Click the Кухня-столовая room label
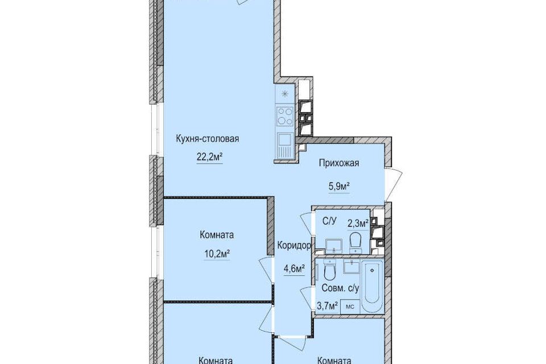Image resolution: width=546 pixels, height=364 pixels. tap(208, 139)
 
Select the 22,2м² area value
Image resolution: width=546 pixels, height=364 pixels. tap(210, 158)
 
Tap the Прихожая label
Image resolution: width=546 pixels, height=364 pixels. tap(339, 163)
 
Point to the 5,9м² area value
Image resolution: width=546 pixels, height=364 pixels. tap(339, 187)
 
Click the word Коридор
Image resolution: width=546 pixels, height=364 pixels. tap(294, 246)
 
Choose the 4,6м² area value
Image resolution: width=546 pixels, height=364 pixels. tap(295, 268)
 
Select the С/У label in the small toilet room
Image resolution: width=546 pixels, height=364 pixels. tap(329, 221)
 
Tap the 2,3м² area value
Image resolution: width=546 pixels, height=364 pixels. tap(358, 223)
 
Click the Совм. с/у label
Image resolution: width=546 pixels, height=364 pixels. tap(340, 288)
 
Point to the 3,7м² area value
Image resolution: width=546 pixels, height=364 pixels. tap(328, 306)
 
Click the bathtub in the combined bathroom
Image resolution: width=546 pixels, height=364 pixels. tap(372, 286)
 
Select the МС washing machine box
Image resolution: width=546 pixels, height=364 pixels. tap(350, 307)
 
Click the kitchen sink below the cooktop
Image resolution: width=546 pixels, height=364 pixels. tap(285, 146)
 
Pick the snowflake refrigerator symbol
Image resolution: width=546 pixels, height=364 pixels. tap(285, 94)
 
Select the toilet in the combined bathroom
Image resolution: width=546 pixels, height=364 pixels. tap(329, 270)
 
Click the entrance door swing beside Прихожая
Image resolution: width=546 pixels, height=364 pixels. tap(394, 185)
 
